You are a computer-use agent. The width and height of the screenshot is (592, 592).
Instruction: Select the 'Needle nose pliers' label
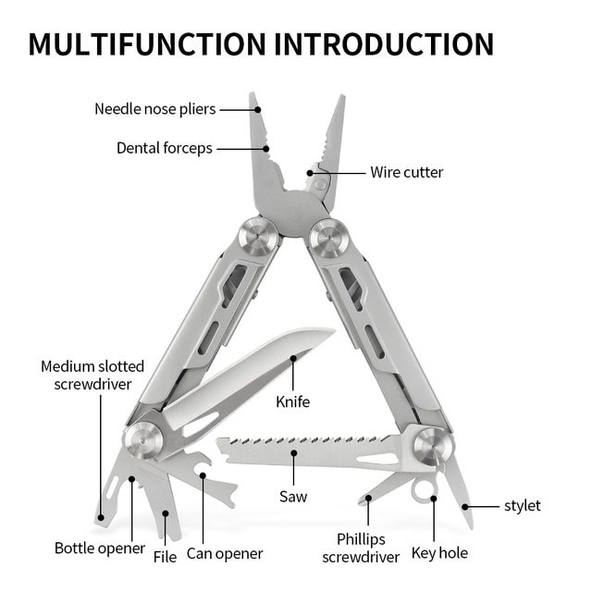pyautogui.click(x=154, y=109)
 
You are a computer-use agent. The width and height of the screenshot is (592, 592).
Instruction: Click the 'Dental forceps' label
pyautogui.click(x=164, y=148)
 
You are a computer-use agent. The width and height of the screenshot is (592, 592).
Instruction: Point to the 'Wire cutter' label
pyautogui.click(x=407, y=172)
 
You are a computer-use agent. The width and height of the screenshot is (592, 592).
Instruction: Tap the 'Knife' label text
pyautogui.click(x=292, y=401)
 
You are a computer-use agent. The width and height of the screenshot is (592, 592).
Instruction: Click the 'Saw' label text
pyautogui.click(x=293, y=497)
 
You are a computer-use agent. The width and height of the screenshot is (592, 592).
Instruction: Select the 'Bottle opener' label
pyautogui.click(x=100, y=548)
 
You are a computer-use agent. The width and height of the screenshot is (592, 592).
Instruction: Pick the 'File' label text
pyautogui.click(x=165, y=557)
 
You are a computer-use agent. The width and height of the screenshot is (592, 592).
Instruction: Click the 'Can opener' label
pyautogui.click(x=225, y=554)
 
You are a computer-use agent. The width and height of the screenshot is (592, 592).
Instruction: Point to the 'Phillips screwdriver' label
pyautogui.click(x=361, y=548)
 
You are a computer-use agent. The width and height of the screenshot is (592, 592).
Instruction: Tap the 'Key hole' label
pyautogui.click(x=439, y=553)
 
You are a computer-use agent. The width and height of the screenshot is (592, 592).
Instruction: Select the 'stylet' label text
pyautogui.click(x=522, y=506)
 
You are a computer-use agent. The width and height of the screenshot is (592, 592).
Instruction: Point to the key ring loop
pyautogui.click(x=425, y=487)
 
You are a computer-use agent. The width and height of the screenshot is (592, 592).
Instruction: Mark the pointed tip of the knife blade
pyautogui.click(x=332, y=330)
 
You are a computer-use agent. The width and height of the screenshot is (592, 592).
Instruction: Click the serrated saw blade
pyautogui.click(x=305, y=450)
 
